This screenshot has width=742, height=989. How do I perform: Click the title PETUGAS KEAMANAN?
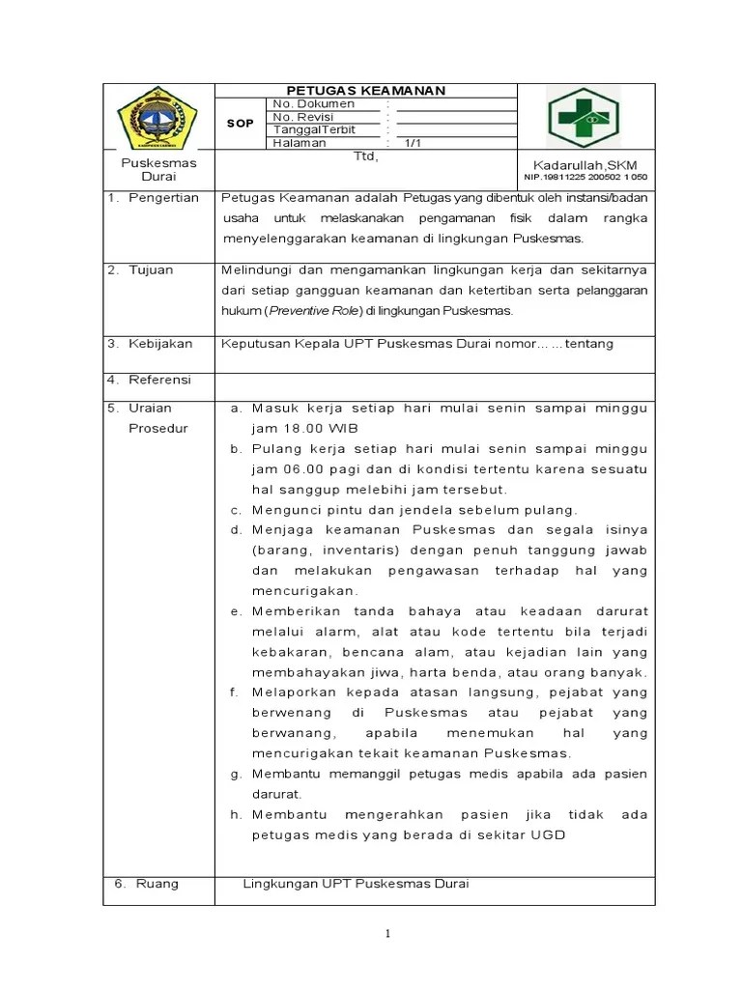[365, 91]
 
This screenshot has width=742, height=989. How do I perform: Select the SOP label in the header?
[240, 124]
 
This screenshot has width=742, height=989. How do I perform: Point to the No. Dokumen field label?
[314, 103]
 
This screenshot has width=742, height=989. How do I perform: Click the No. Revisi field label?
[305, 117]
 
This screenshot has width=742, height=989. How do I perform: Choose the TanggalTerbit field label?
[315, 129]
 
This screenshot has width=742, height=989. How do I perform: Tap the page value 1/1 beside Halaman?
[414, 143]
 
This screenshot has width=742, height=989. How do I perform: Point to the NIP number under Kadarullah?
[585, 177]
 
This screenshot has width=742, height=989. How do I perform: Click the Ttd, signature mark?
[365, 155]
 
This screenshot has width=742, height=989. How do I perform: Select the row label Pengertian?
[163, 198]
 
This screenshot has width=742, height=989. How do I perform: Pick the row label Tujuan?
[151, 269]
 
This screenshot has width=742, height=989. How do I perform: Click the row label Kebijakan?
[160, 343]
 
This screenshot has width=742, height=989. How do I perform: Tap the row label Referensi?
[160, 380]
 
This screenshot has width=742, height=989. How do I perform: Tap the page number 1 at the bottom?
[387, 933]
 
